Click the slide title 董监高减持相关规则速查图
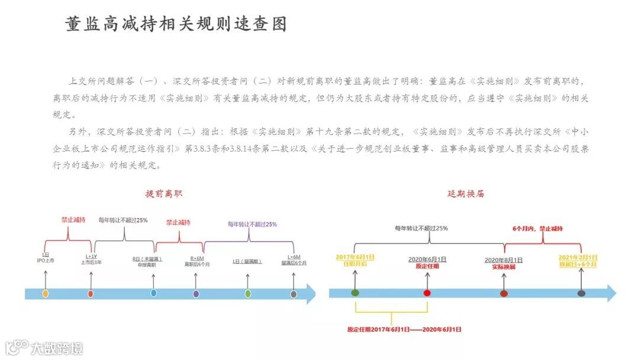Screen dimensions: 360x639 (x=176, y=24)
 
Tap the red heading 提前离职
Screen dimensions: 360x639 (x=164, y=194)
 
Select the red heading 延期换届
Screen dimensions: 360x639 (x=466, y=194)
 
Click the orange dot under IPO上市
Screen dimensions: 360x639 (x=45, y=293)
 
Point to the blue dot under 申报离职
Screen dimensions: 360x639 (x=154, y=293)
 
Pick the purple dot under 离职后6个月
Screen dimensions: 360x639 (x=196, y=293)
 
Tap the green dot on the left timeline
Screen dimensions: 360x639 (x=248, y=293)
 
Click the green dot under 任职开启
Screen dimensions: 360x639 (x=355, y=292)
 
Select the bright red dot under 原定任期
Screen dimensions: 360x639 (x=427, y=292)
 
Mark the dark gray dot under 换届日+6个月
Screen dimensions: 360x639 (x=581, y=292)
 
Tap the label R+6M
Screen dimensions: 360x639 (x=197, y=258)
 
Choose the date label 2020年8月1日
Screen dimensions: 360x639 (x=504, y=259)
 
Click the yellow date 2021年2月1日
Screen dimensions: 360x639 (x=578, y=258)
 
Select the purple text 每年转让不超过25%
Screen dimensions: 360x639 (x=252, y=224)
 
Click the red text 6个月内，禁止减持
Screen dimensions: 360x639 (x=537, y=228)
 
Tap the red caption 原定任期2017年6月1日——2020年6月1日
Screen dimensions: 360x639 (x=404, y=329)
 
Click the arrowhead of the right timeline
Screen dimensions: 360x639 (x=611, y=292)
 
